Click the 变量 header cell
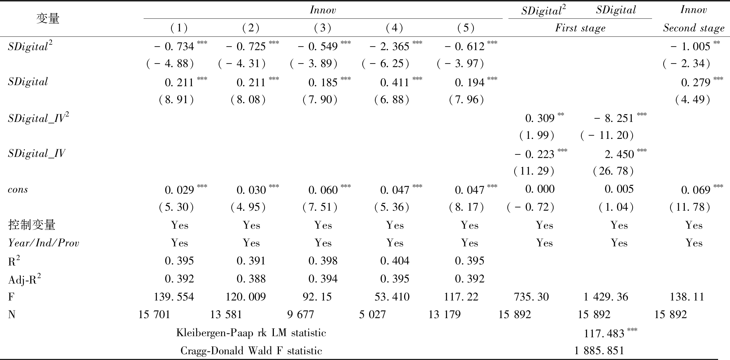[x=48, y=18]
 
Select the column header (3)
[x=323, y=28]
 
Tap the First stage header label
[x=580, y=28]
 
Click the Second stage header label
[x=694, y=28]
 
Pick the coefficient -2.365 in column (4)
[x=389, y=47]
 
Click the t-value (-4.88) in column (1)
[x=170, y=64]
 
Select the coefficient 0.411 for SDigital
[x=394, y=83]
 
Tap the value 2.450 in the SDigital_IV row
[x=619, y=154]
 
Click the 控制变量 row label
[x=32, y=225]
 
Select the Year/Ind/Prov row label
[x=43, y=243]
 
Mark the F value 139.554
[x=174, y=297]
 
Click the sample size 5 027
[x=372, y=315]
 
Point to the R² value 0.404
[x=394, y=261]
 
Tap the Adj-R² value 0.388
[x=251, y=279]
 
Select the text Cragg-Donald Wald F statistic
[x=251, y=351]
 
